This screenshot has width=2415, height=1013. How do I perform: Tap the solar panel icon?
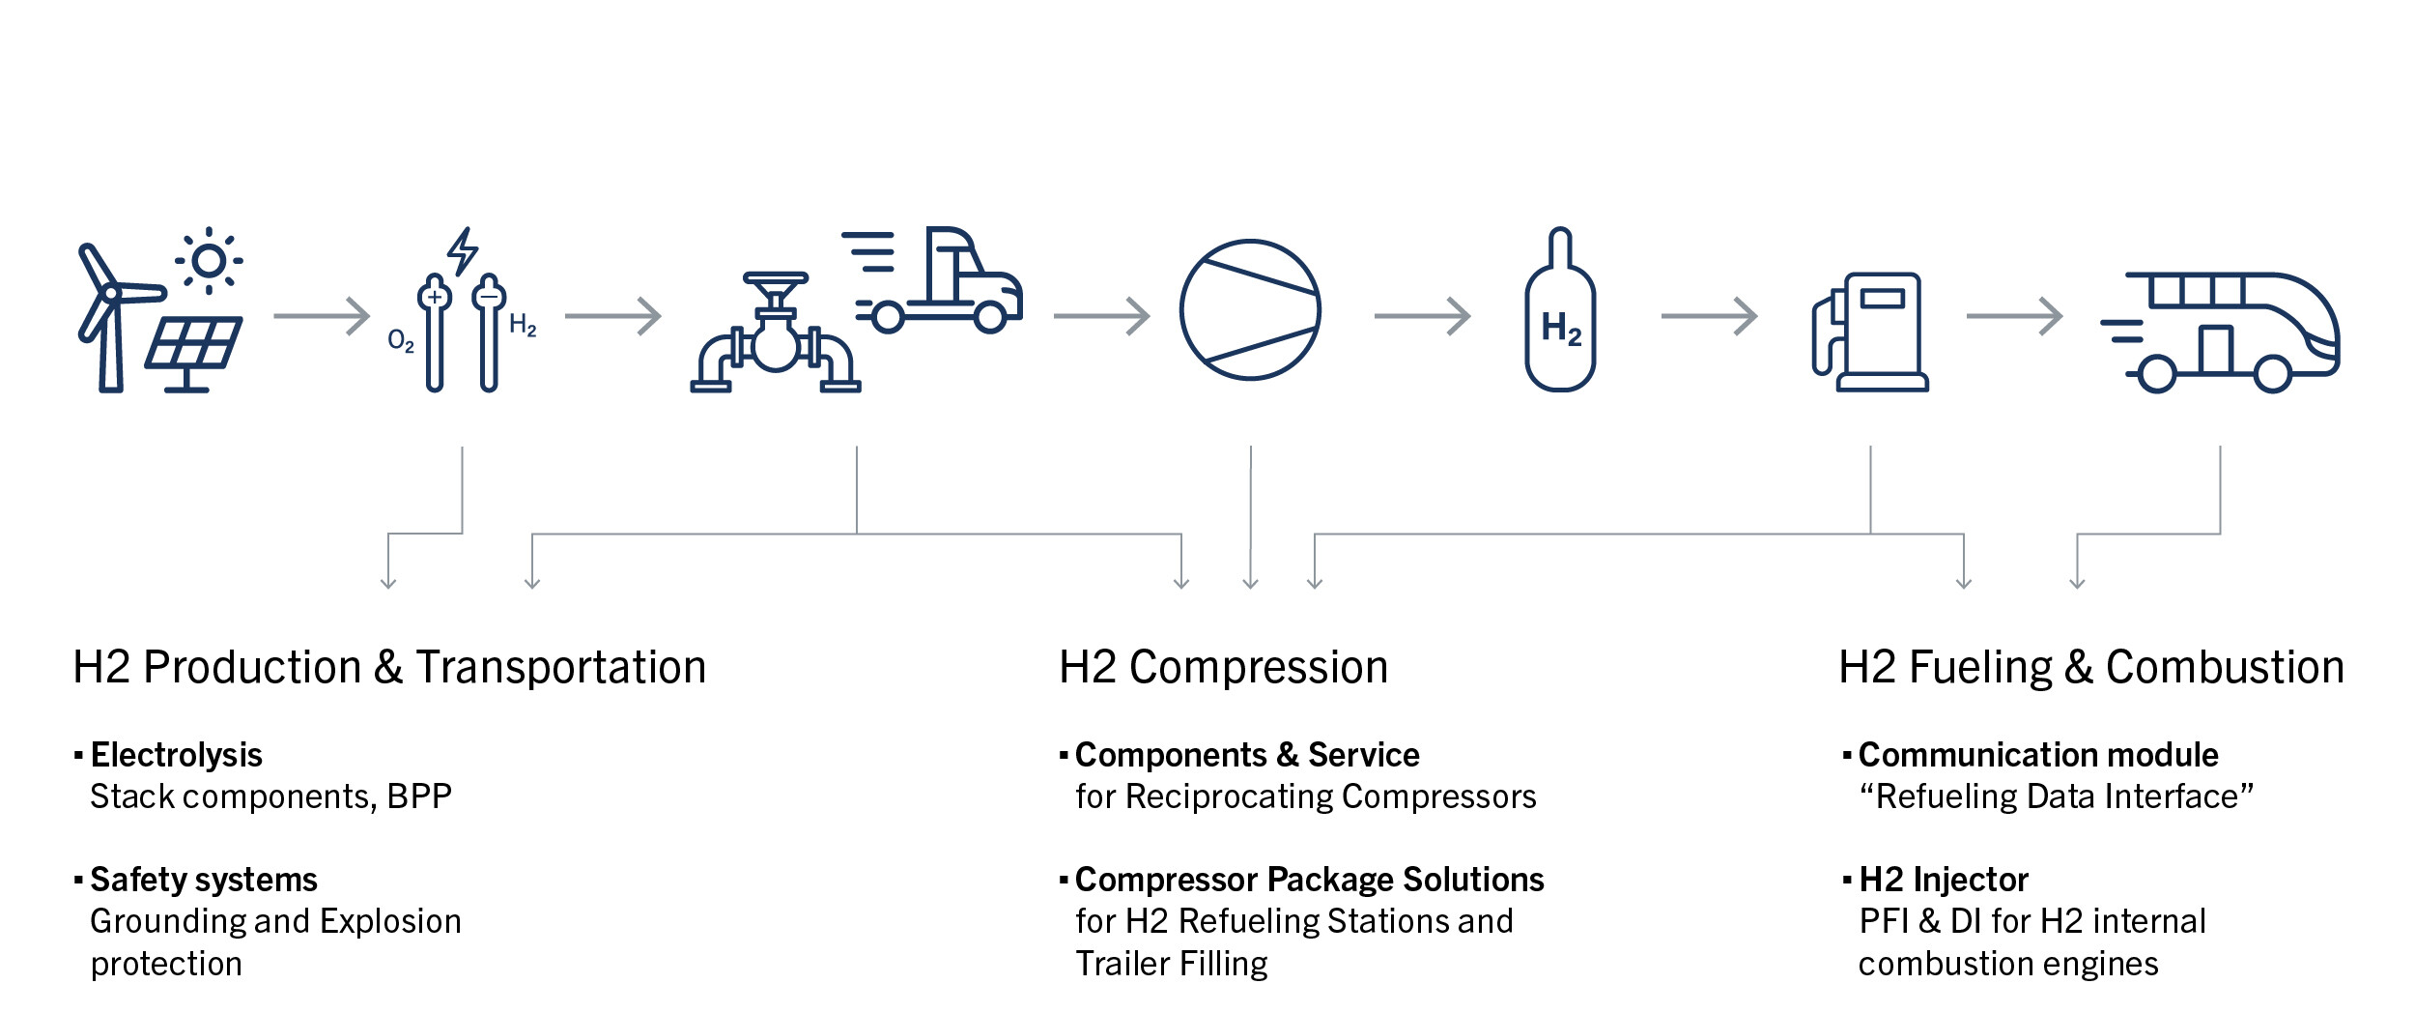click(194, 348)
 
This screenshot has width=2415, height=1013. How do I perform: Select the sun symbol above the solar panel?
click(209, 261)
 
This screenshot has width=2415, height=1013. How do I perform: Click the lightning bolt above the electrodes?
click(463, 251)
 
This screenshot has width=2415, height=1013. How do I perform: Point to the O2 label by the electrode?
click(400, 341)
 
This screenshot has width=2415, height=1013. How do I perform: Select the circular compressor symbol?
click(1250, 310)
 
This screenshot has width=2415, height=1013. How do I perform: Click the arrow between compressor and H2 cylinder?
click(1422, 316)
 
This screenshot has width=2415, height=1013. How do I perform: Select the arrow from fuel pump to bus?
click(2014, 316)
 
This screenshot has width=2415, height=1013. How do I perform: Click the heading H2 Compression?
click(1223, 668)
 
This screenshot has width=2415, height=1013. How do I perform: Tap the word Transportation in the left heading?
click(560, 668)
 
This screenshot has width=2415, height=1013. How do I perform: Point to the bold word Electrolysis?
click(176, 755)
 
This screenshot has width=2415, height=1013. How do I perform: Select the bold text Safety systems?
click(203, 880)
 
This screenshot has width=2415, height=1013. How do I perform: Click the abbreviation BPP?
click(419, 796)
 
